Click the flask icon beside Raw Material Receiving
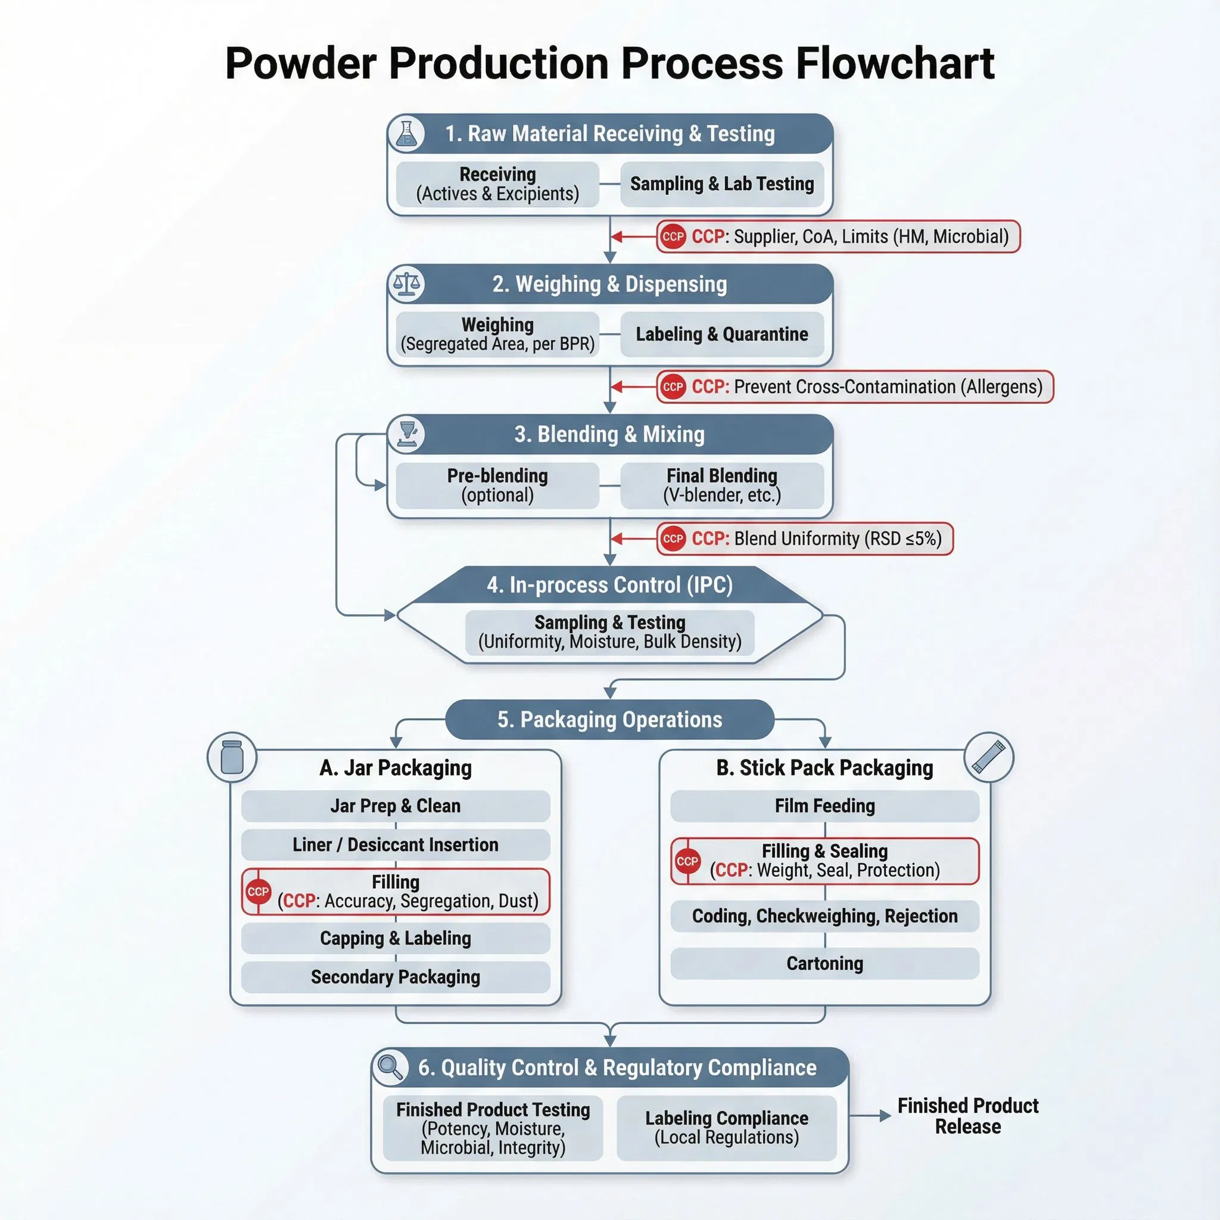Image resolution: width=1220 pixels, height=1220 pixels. click(x=406, y=134)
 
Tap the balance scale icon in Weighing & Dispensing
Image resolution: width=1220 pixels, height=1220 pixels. click(x=406, y=284)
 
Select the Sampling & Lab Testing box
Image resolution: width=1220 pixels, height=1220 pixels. click(x=722, y=183)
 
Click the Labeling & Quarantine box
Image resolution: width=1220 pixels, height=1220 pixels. click(x=722, y=334)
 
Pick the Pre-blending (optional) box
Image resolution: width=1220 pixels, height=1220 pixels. click(x=497, y=485)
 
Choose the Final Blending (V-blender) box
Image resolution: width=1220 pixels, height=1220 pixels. click(x=722, y=485)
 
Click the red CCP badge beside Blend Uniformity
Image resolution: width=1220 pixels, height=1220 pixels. click(x=673, y=539)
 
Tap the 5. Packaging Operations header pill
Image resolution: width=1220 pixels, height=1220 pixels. click(x=609, y=719)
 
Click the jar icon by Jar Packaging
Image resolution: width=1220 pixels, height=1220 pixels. click(x=232, y=757)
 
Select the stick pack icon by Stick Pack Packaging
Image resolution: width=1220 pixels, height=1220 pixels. click(x=988, y=757)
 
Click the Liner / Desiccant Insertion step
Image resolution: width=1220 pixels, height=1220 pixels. click(x=396, y=844)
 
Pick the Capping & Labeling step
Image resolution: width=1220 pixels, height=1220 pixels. click(x=396, y=938)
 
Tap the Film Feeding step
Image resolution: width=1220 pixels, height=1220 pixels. click(x=824, y=806)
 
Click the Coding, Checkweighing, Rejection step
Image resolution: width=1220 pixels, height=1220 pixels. click(x=824, y=916)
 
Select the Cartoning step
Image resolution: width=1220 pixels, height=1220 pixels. click(x=824, y=963)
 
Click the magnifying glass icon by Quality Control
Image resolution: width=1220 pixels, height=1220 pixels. click(x=390, y=1067)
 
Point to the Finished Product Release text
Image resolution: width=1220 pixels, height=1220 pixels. click(x=967, y=1116)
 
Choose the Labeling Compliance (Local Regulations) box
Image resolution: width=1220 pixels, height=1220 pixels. click(x=726, y=1127)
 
